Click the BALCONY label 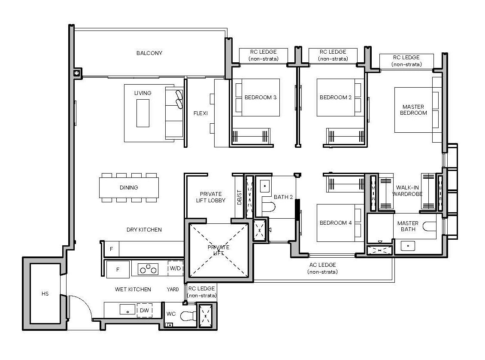tap(149, 53)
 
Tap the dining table tap(129, 188)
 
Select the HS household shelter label tap(45, 294)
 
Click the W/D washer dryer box tap(175, 268)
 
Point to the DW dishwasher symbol tap(144, 310)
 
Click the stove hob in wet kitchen tap(148, 269)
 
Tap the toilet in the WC tap(188, 317)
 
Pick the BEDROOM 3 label tap(261, 98)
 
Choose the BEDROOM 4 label tap(336, 223)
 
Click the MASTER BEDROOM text tap(413, 110)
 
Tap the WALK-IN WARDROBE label tap(409, 191)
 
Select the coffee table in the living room tap(143, 113)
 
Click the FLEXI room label tap(200, 113)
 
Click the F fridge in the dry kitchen tap(112, 249)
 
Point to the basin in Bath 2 tap(264, 187)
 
